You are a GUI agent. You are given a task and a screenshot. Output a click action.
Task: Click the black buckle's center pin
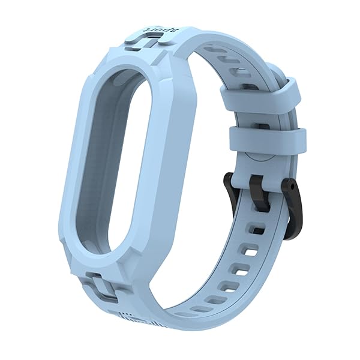pyautogui.click(x=259, y=193)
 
